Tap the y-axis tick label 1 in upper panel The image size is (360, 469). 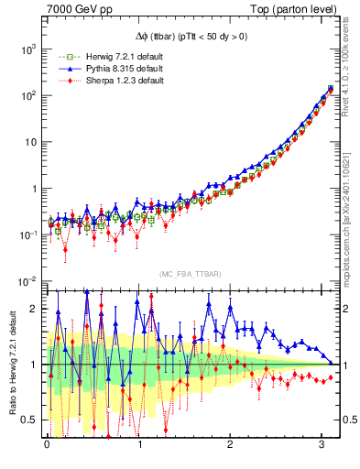tap(33, 189)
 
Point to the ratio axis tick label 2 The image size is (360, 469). tap(34, 309)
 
